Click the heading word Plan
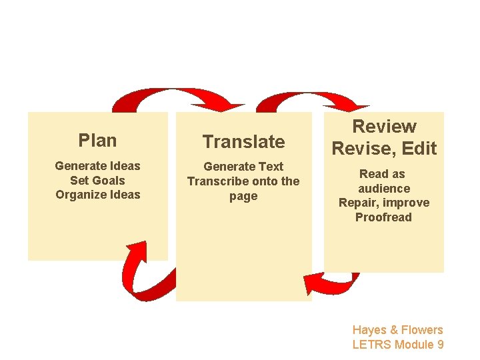(x=97, y=141)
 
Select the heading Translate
(x=243, y=141)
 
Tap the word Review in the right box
(x=384, y=127)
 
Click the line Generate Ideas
(x=97, y=165)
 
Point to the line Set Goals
(x=97, y=180)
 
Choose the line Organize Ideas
(x=97, y=195)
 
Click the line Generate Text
(x=243, y=167)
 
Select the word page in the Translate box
(x=243, y=196)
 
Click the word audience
(x=384, y=188)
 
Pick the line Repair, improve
(x=384, y=203)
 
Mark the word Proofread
(x=384, y=217)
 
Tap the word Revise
(x=360, y=148)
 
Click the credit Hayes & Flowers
(x=397, y=330)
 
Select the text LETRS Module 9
(x=397, y=345)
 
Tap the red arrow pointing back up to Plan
(x=147, y=273)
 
